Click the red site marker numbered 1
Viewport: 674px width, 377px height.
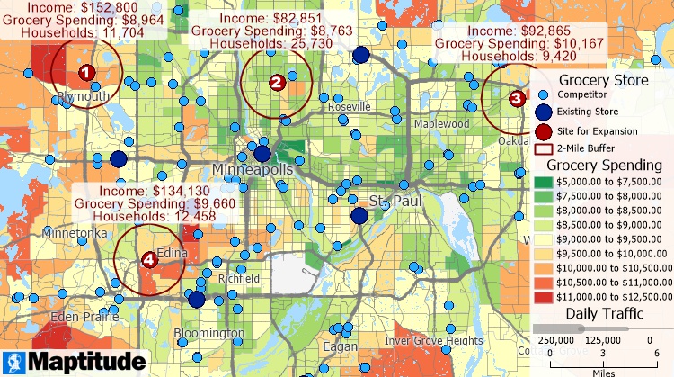84,72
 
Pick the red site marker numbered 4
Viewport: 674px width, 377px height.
149,259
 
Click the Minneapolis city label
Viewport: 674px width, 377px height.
253,170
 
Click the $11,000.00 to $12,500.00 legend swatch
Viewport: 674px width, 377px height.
545,295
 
